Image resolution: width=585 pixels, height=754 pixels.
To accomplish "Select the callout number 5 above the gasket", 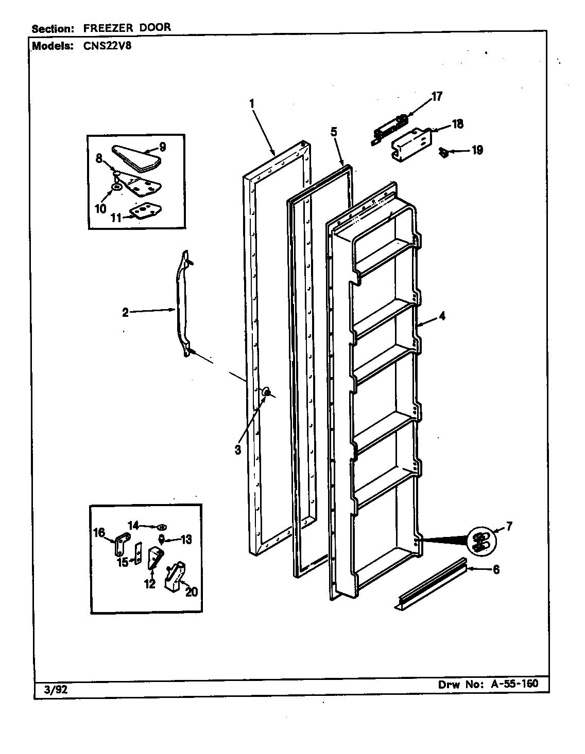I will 334,132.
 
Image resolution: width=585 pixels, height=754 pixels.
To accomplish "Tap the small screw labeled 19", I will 443,151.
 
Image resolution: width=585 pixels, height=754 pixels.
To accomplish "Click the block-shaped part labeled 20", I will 174,576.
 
